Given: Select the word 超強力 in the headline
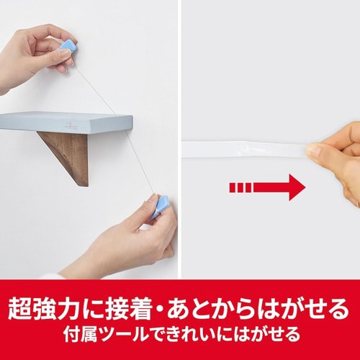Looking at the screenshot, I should [41, 307].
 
